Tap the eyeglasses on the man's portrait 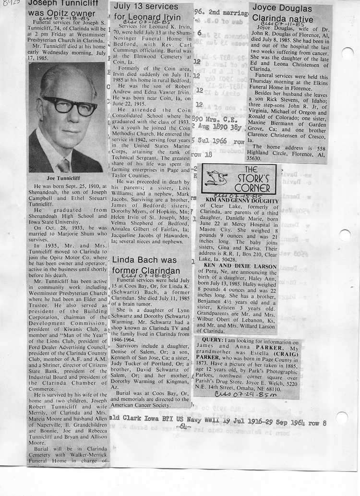click(70, 106)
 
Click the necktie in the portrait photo click(64, 166)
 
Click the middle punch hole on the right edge click(345, 235)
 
